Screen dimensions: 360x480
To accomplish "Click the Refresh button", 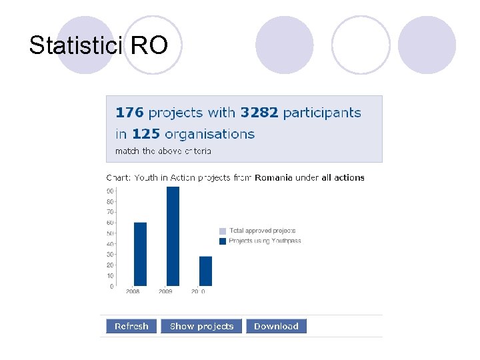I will (131, 326).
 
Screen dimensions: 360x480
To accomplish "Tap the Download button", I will (276, 326).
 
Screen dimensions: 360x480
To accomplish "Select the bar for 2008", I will (140, 254).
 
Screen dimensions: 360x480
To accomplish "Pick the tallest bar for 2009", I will (173, 236).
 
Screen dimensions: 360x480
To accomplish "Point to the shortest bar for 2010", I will (205, 271).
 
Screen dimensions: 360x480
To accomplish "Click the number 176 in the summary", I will (129, 113).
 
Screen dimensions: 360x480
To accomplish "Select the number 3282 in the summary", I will (259, 113).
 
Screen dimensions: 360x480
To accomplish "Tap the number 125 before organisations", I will (146, 134).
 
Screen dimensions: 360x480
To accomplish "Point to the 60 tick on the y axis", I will (110, 223).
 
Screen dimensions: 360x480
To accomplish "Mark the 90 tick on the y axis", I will (110, 191).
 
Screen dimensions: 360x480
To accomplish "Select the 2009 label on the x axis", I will (166, 291).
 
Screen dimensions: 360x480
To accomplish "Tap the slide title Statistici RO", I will (98, 45).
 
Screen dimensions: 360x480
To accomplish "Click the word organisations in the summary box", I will (209, 134).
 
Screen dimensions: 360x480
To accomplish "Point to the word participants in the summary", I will (322, 113).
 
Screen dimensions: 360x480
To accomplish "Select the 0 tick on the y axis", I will (111, 287).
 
